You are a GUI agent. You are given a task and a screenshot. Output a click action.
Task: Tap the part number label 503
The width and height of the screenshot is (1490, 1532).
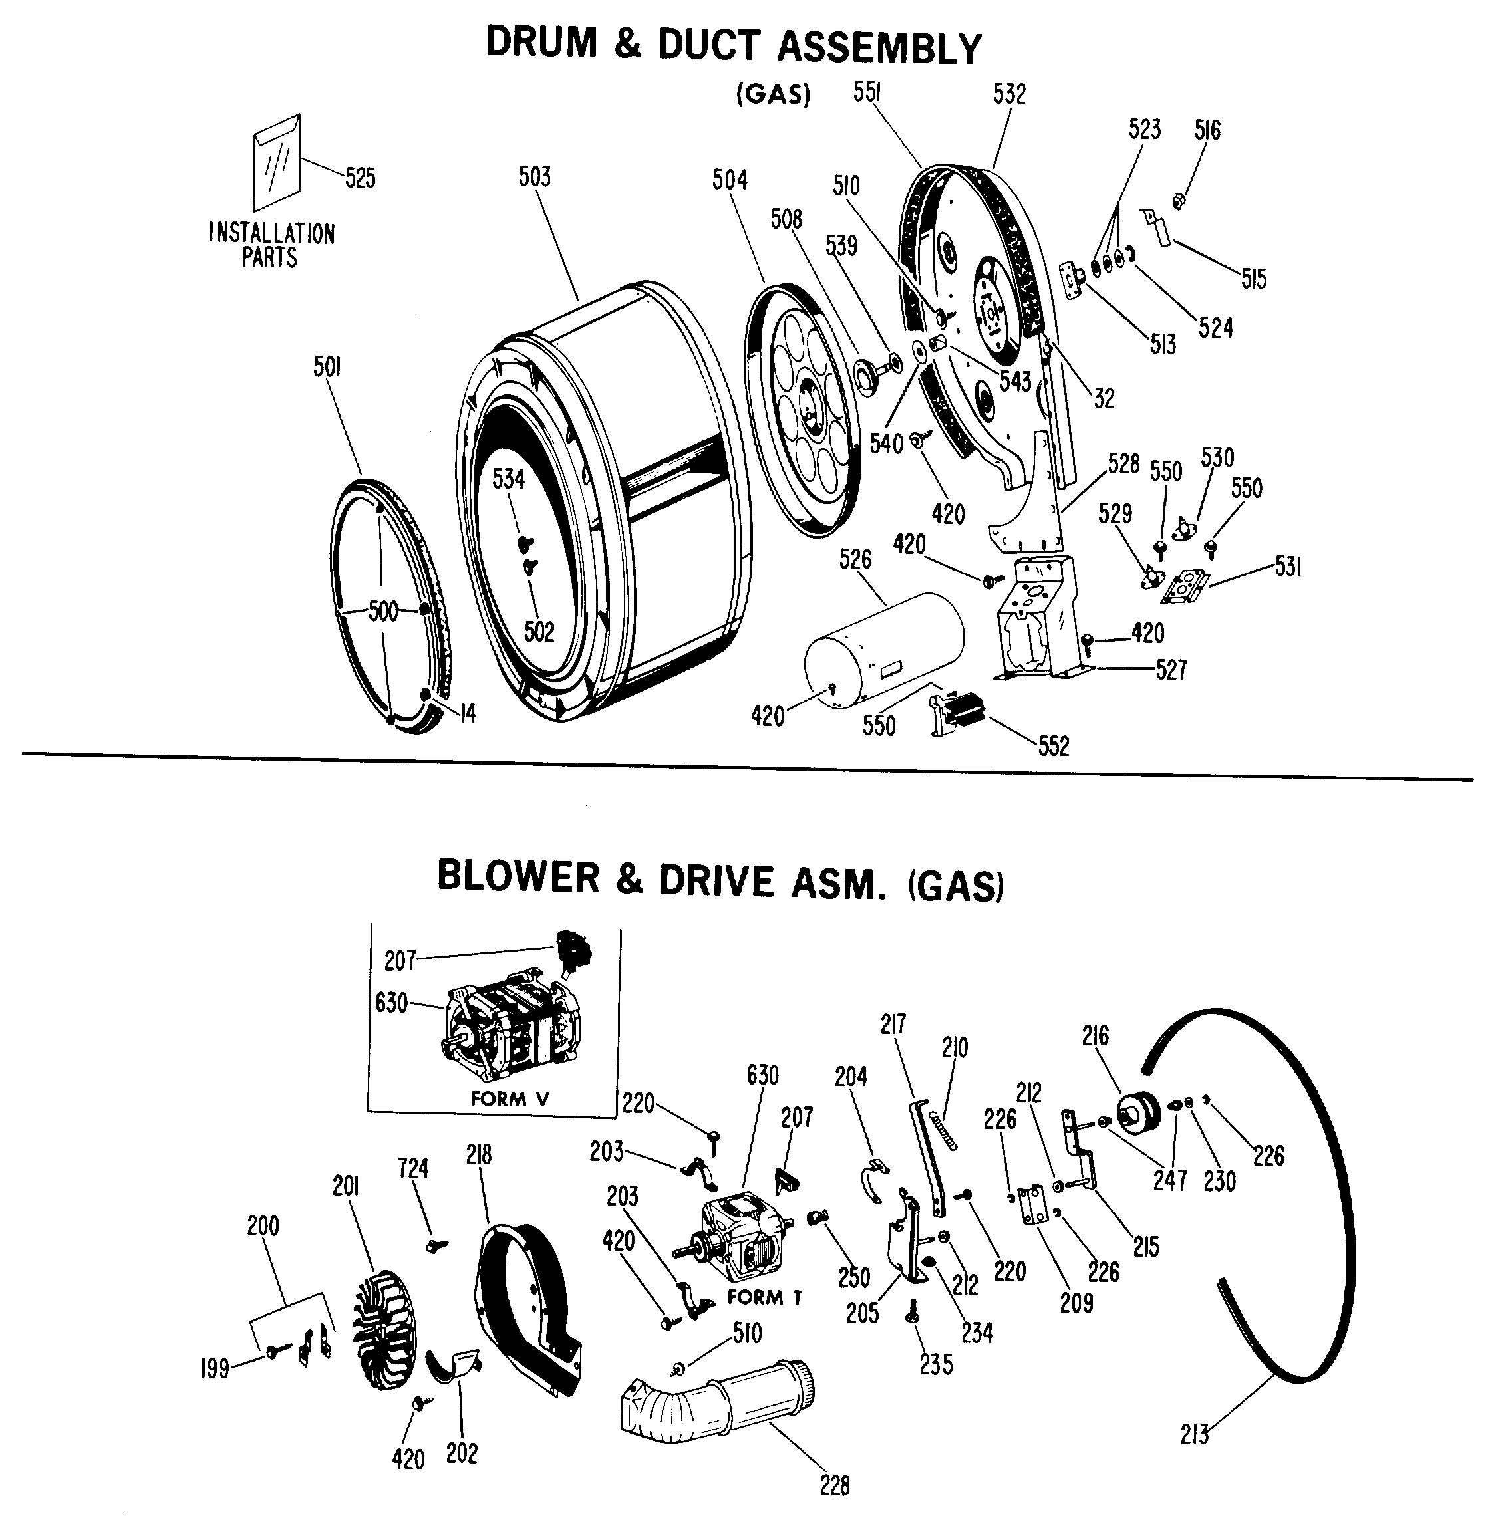[x=535, y=178]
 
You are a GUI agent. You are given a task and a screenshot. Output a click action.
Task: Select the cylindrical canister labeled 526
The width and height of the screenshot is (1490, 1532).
[x=884, y=650]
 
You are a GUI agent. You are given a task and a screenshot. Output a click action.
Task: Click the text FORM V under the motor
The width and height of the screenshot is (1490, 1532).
[x=510, y=1098]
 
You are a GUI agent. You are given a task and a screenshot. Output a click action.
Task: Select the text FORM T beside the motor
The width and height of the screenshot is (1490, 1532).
[x=764, y=1298]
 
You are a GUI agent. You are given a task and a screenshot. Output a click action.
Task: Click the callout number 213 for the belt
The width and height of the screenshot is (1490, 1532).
[x=1194, y=1434]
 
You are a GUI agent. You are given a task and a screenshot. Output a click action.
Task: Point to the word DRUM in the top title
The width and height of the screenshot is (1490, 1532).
[x=541, y=44]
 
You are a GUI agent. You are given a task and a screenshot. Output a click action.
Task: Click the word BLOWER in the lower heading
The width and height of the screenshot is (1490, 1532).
[x=518, y=876]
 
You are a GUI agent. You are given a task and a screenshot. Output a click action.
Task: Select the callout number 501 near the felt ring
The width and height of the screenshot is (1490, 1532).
[x=327, y=367]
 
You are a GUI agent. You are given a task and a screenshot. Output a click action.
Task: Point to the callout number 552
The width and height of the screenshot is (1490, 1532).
[x=1054, y=747]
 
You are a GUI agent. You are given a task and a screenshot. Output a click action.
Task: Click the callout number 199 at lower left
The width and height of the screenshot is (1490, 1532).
[x=214, y=1368]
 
